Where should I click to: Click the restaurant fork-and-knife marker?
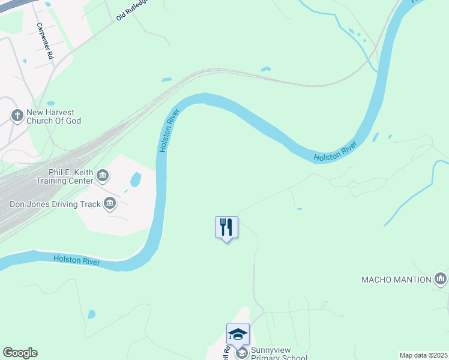pos(226,227)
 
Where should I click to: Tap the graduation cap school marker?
pos(238,334)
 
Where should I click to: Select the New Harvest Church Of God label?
pos(53,116)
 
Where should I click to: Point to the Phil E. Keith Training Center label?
pos(64,176)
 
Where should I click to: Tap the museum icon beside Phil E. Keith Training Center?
pos(103,175)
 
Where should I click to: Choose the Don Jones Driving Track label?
pos(55,204)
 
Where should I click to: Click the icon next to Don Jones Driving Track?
pos(110,204)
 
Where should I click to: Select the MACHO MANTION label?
pos(396,280)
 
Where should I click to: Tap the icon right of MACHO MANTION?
pos(441,278)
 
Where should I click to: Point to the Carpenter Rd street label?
pos(46,41)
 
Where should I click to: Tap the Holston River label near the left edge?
pos(76,260)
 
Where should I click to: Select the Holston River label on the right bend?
pos(335,152)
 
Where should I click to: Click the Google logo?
pos(20,353)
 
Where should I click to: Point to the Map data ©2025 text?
pos(423,355)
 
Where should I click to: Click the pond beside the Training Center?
pos(136,179)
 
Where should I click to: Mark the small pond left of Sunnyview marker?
pos(91,314)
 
